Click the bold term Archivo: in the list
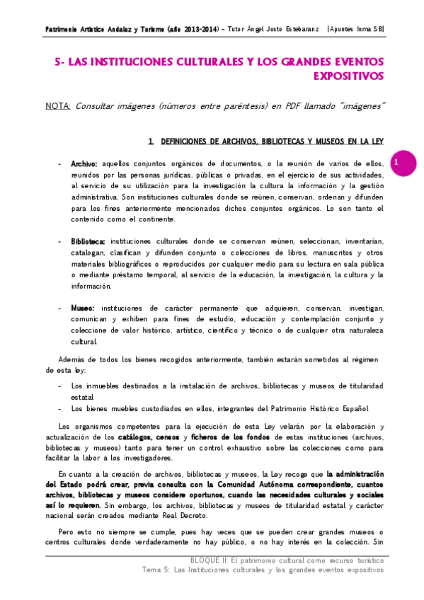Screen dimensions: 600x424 click(x=84, y=163)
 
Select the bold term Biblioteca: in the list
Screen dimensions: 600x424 click(x=88, y=241)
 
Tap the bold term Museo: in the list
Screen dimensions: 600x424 click(x=83, y=308)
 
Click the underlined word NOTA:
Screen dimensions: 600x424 click(x=57, y=106)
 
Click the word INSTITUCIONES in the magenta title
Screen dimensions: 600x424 click(x=135, y=62)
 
